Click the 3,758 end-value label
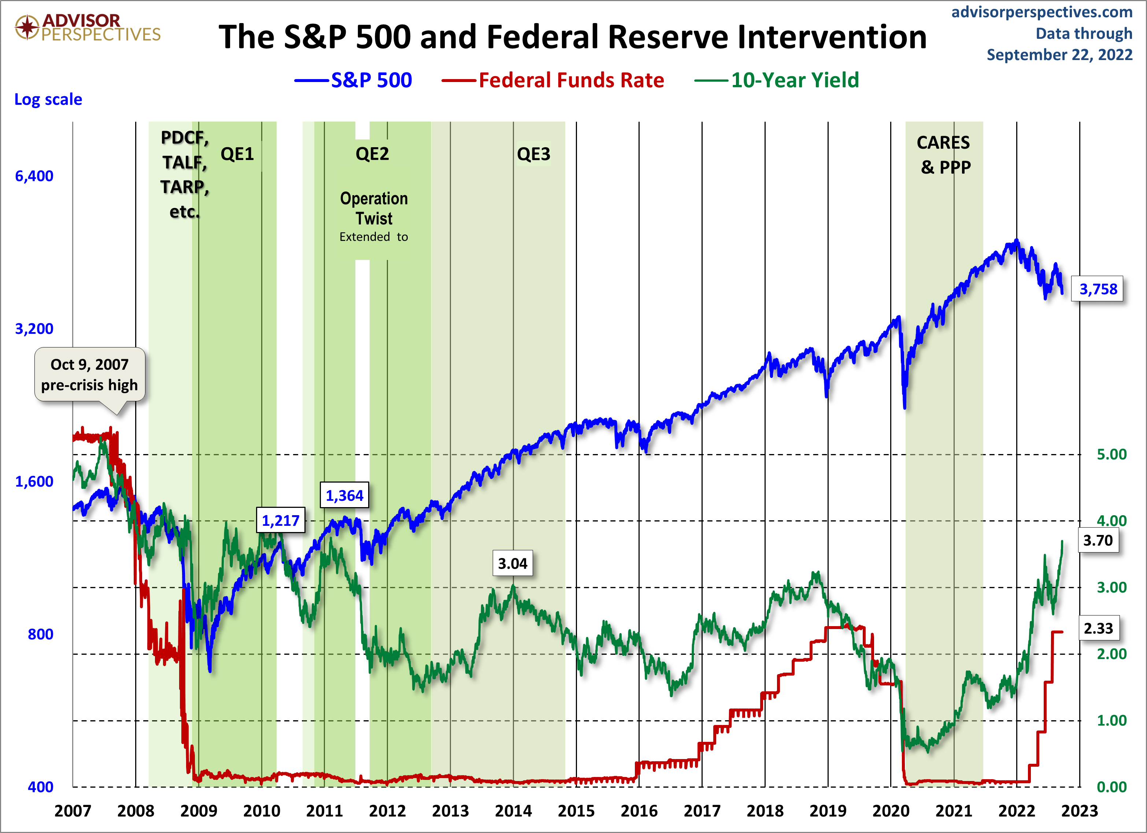coord(1098,289)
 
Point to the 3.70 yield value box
coord(1098,540)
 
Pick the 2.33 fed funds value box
coord(1098,628)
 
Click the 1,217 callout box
coord(281,520)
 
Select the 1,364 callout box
coord(344,495)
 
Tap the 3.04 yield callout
coord(512,563)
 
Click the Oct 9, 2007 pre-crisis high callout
coord(89,375)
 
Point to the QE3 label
coord(533,154)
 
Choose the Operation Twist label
coord(374,208)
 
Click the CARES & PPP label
coord(944,155)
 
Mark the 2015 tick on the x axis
coord(576,811)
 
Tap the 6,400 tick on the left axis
coord(34,176)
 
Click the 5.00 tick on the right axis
coord(1111,454)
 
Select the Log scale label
coord(48,99)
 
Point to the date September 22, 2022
coord(1059,55)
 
